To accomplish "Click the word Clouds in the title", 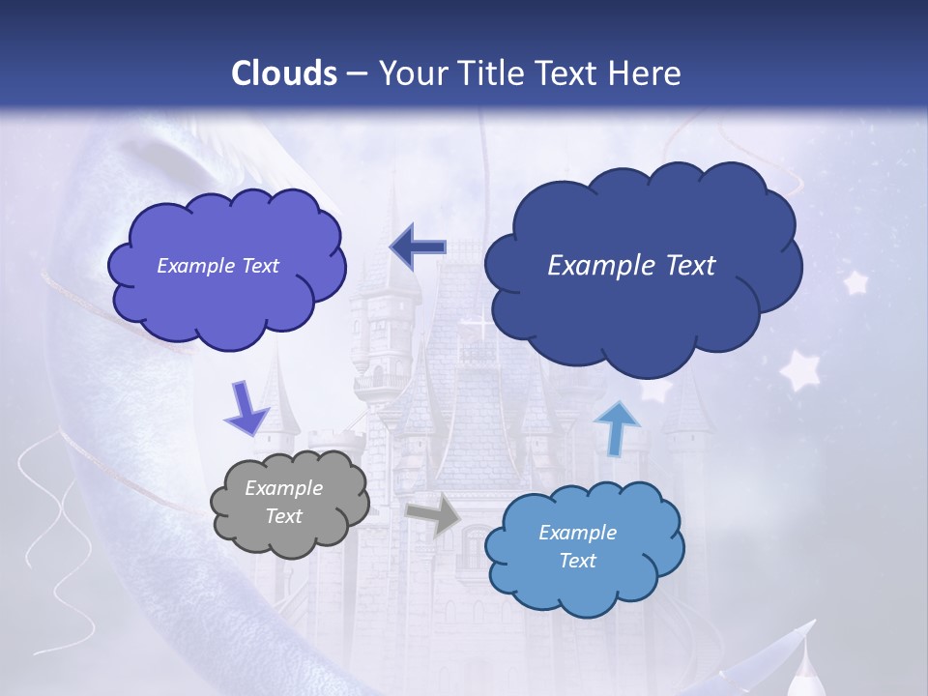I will (283, 73).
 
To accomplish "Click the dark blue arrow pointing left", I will (418, 248).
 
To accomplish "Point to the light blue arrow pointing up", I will (616, 428).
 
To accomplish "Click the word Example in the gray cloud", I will (283, 488).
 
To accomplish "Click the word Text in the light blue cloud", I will (577, 561).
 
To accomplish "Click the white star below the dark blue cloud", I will (799, 370).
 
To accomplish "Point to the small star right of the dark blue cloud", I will (855, 282).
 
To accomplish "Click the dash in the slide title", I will (357, 74).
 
